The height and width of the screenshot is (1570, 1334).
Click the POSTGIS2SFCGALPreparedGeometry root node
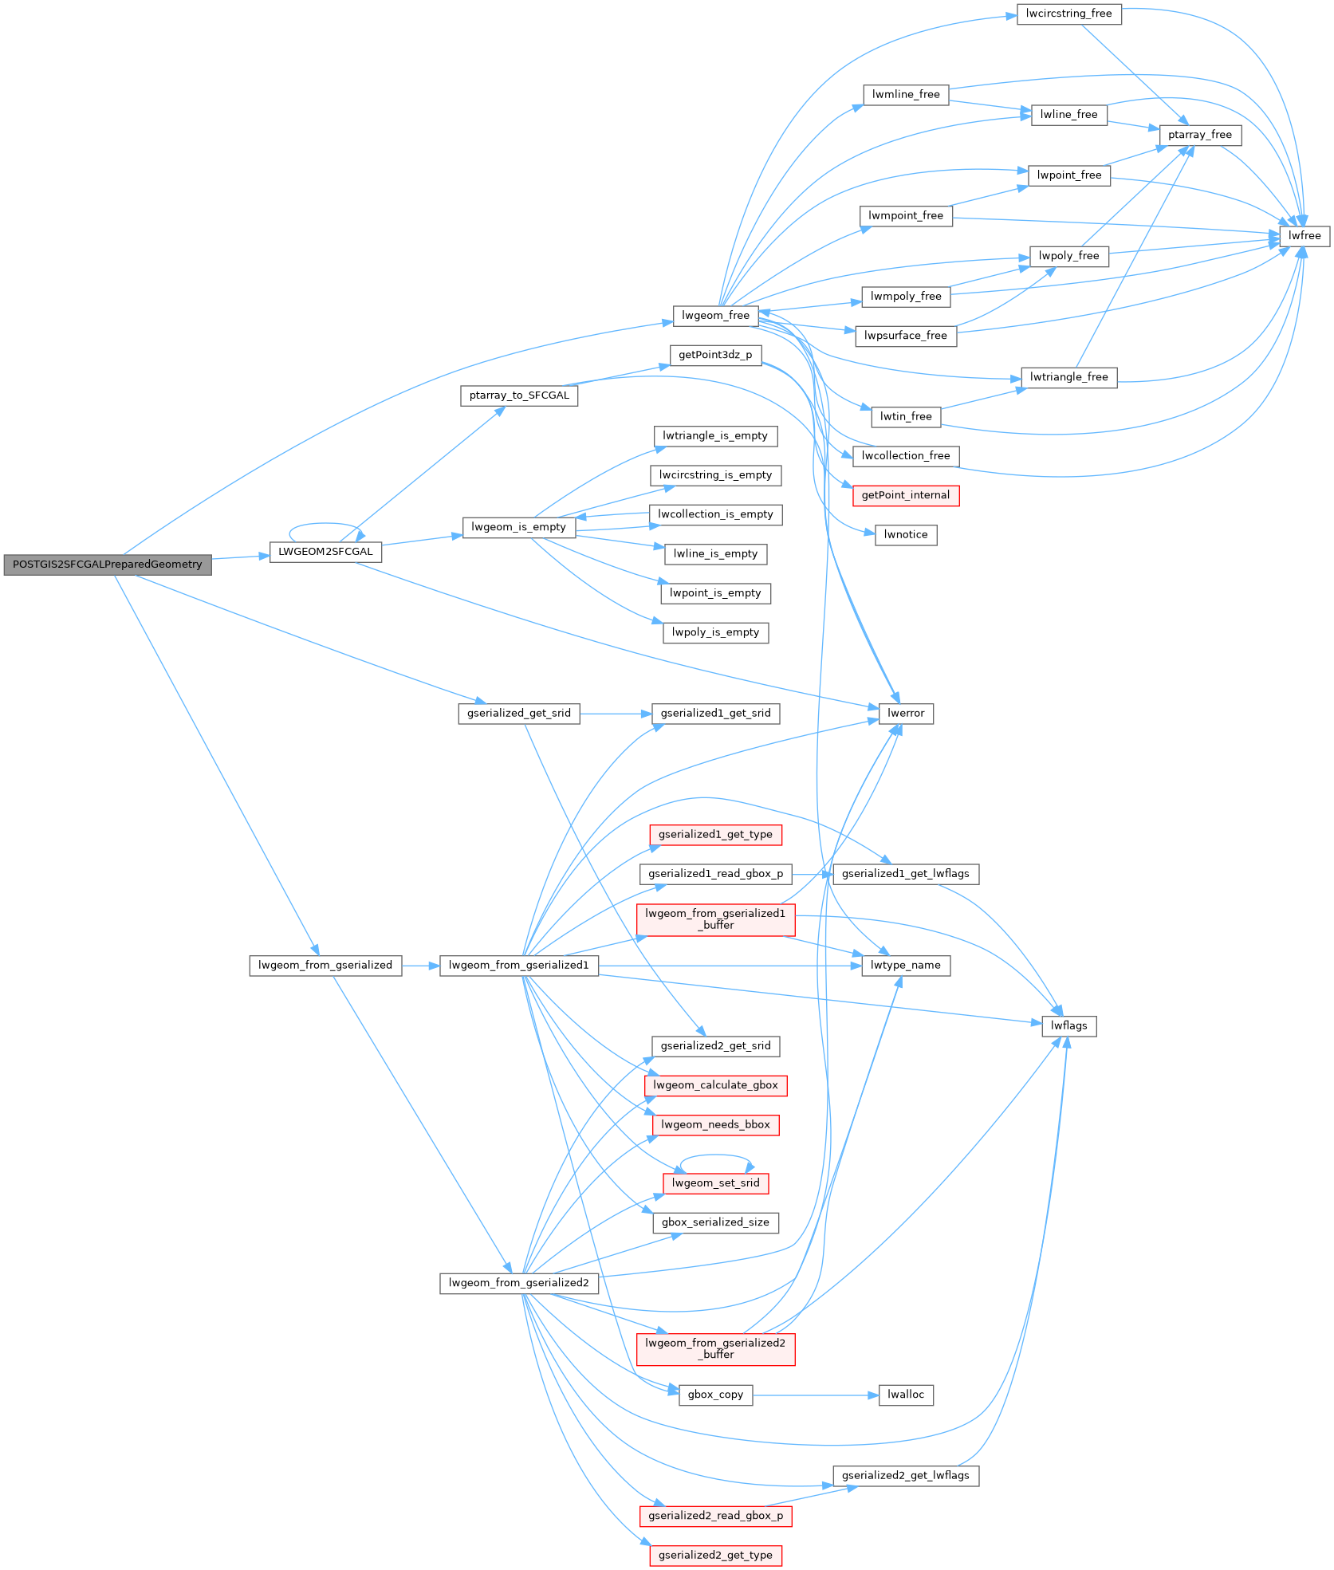tap(108, 565)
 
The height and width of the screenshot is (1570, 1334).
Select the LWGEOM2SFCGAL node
tap(325, 552)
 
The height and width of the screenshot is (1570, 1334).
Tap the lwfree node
tap(1304, 236)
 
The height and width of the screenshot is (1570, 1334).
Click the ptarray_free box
tap(1200, 136)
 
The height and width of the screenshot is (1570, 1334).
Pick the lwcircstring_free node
tap(1068, 14)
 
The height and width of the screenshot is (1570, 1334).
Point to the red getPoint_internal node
tap(905, 495)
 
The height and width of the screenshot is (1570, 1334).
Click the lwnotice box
tap(905, 535)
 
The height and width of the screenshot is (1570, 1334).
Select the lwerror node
tap(905, 714)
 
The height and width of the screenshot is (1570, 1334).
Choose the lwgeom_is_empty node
tap(518, 527)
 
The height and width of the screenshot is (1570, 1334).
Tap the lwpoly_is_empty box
tap(715, 633)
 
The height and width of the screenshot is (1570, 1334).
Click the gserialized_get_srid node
tap(518, 714)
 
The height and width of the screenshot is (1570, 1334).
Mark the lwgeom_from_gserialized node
tap(325, 966)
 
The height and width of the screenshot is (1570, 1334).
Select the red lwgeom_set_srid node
tap(715, 1183)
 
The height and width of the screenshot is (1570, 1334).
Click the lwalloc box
tap(905, 1395)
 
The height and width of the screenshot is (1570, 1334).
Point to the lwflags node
tap(1068, 1026)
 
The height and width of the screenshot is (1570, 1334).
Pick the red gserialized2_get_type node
tap(715, 1556)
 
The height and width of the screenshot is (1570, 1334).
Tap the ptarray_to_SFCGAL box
tap(518, 395)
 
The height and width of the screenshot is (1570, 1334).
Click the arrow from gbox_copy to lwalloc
tap(813, 1395)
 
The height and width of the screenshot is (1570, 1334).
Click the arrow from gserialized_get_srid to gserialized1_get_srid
tap(614, 714)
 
